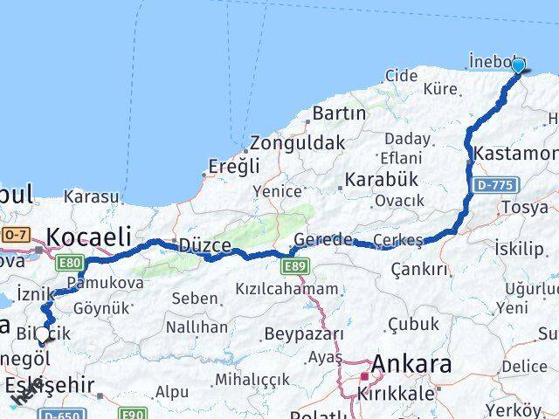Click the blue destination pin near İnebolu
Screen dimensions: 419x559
click(518, 65)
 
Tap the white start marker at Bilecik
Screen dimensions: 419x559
click(42, 334)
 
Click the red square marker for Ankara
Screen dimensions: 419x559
click(364, 377)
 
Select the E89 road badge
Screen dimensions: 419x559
click(295, 264)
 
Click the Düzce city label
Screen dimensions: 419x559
click(204, 246)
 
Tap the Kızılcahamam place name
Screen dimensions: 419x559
click(286, 289)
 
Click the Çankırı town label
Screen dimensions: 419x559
click(419, 269)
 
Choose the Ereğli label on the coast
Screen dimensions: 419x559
click(234, 166)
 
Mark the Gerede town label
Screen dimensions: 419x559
click(323, 239)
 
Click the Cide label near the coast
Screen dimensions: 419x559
click(401, 76)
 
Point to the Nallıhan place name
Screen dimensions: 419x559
click(197, 327)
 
